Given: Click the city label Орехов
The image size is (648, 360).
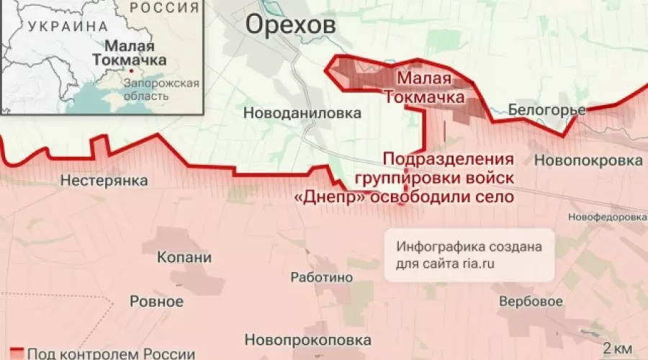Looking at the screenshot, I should (x=290, y=24).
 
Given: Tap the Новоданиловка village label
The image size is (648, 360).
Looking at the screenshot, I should (x=302, y=113).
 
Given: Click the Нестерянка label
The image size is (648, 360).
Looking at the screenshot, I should (x=104, y=179).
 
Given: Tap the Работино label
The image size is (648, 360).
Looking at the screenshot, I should (x=321, y=277).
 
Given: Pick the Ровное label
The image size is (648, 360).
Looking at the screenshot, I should (x=156, y=301).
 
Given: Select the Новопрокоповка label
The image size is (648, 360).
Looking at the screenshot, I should (x=308, y=339).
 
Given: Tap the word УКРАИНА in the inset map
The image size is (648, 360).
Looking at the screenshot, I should (x=64, y=25).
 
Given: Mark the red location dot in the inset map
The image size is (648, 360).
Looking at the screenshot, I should (x=131, y=71).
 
